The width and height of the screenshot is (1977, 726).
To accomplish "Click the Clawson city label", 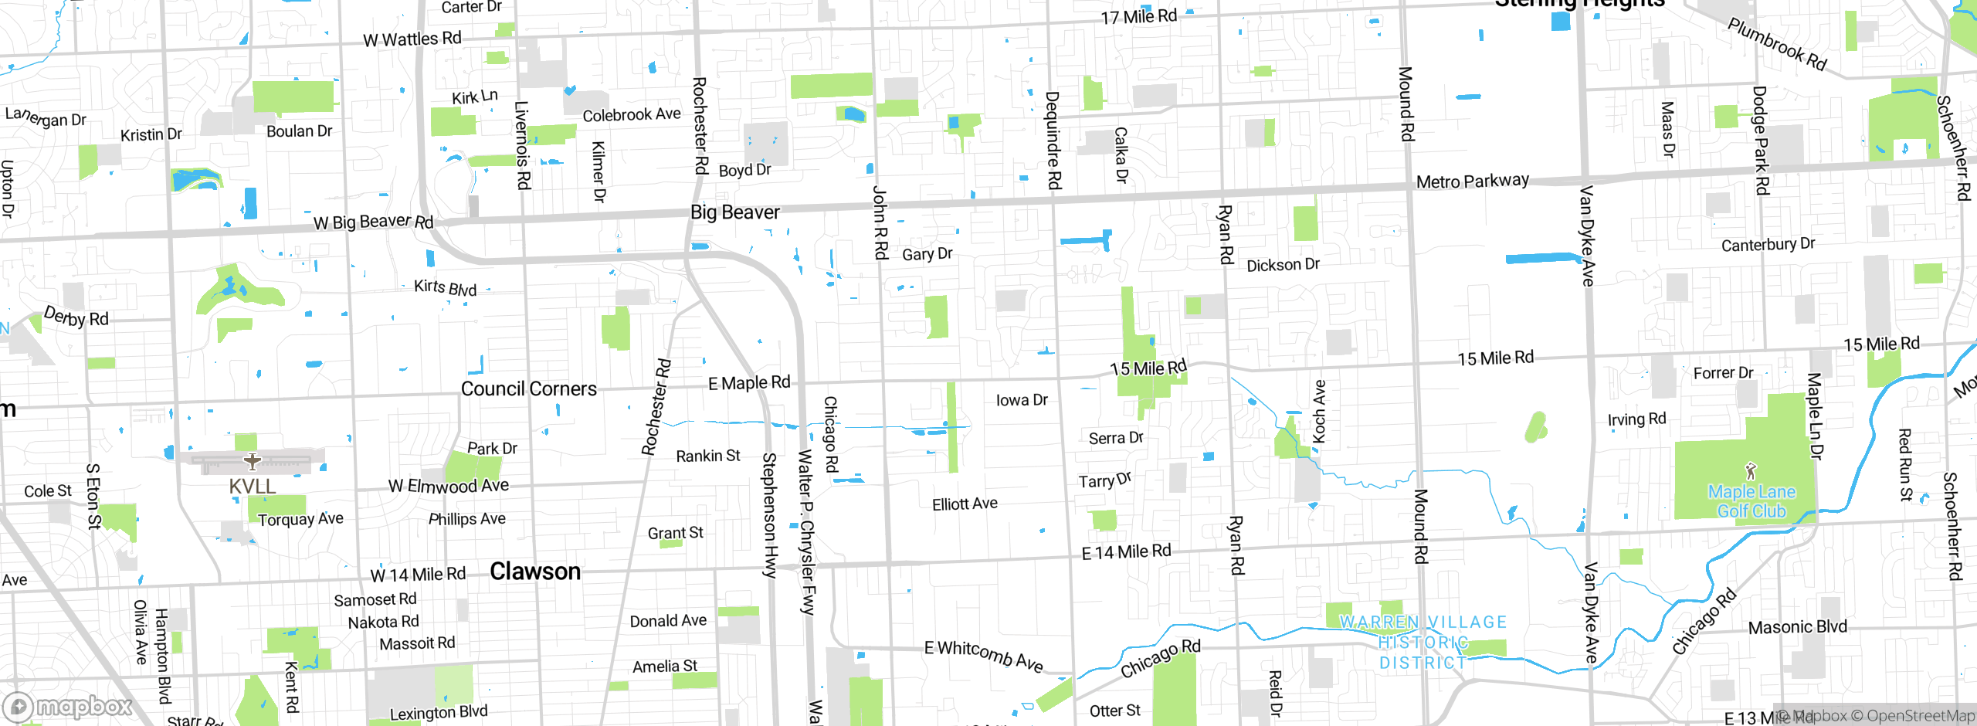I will click(535, 572).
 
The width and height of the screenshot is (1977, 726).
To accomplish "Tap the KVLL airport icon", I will click(253, 462).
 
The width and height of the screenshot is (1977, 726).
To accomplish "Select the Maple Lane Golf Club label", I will click(1751, 501).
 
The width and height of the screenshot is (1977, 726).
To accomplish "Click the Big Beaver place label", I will click(734, 212).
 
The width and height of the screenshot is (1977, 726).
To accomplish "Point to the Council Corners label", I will click(528, 388).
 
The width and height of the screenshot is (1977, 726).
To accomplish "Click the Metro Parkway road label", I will click(1472, 181).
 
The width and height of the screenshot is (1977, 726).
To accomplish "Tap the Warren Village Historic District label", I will click(1423, 642).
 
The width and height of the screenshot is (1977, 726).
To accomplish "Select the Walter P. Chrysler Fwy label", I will click(806, 532).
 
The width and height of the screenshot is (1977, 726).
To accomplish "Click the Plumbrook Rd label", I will click(1776, 45).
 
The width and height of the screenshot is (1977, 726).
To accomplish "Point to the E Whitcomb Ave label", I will click(983, 655).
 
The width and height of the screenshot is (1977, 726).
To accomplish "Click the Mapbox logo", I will click(68, 706).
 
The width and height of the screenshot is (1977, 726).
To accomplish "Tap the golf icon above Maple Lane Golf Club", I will click(1751, 470).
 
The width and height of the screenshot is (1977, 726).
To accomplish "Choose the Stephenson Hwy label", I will click(769, 515).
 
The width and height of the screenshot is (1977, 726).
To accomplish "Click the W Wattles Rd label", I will click(412, 39).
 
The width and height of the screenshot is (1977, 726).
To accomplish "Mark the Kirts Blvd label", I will click(445, 287).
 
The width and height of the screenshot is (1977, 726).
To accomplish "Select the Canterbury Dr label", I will click(1768, 245).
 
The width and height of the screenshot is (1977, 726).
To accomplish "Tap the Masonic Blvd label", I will click(1797, 627).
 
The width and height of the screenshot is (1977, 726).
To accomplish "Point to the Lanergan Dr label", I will click(46, 117).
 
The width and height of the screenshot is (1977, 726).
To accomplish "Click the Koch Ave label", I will click(1319, 412).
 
